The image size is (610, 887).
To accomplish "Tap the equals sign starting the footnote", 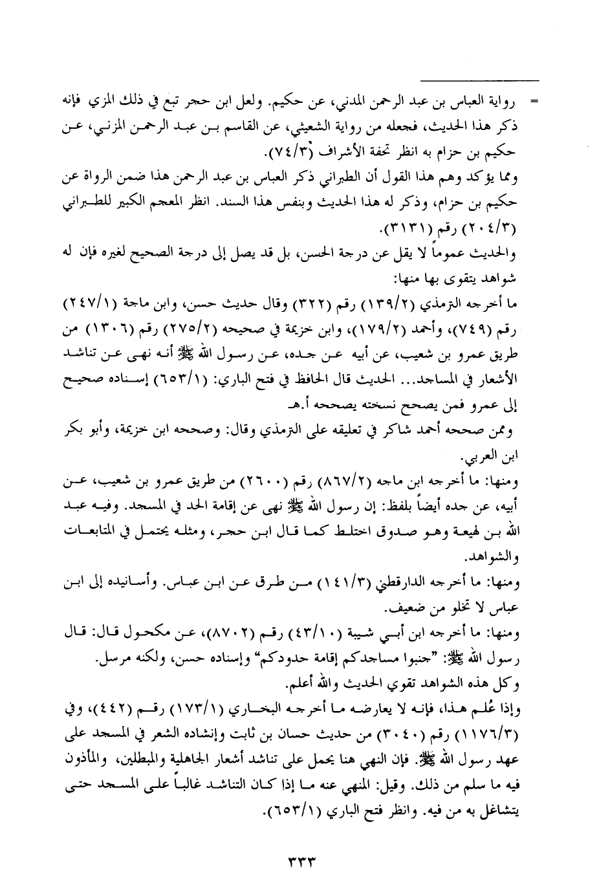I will click(534, 103).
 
